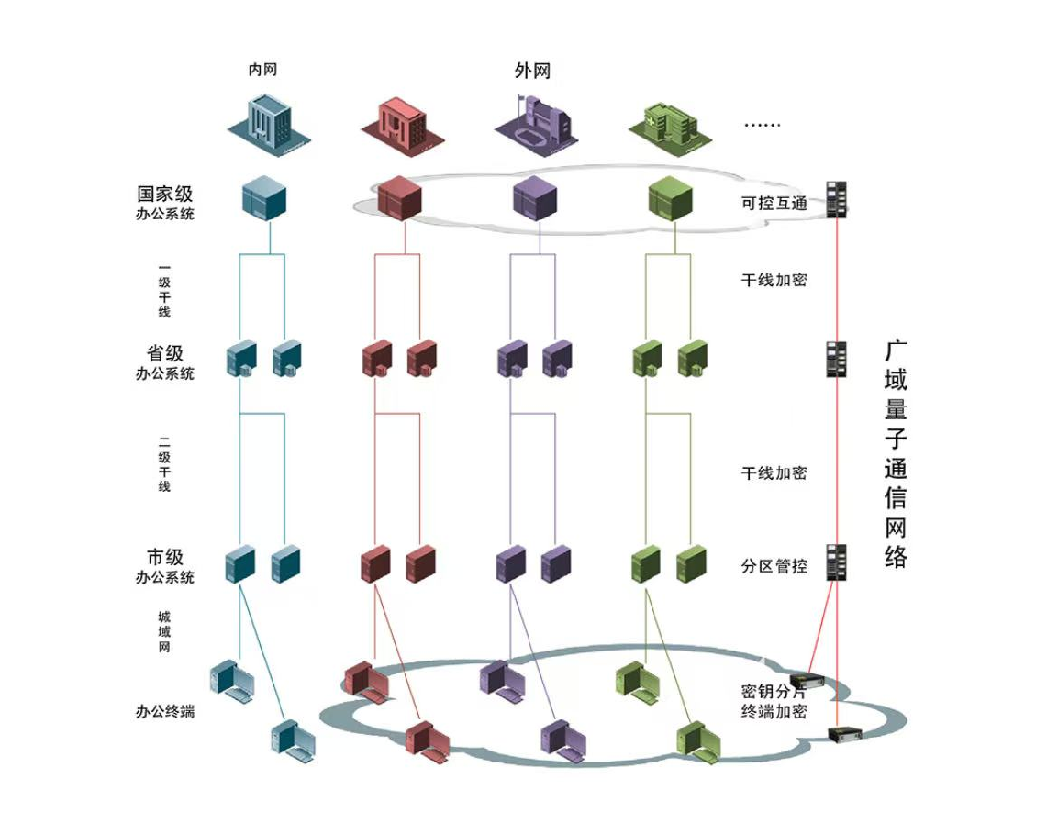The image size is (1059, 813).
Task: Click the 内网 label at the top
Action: tap(263, 70)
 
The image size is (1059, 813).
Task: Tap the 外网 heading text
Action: tap(532, 71)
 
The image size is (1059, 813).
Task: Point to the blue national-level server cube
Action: tap(263, 197)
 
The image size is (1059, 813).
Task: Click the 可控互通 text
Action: tap(774, 204)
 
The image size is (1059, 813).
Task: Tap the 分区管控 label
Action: tap(774, 566)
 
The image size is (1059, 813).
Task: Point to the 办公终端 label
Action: tap(165, 711)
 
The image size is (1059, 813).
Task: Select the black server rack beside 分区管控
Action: tap(837, 562)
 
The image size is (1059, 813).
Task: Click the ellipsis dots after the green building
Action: tap(761, 125)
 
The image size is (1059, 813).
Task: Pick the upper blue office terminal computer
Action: tap(232, 680)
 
